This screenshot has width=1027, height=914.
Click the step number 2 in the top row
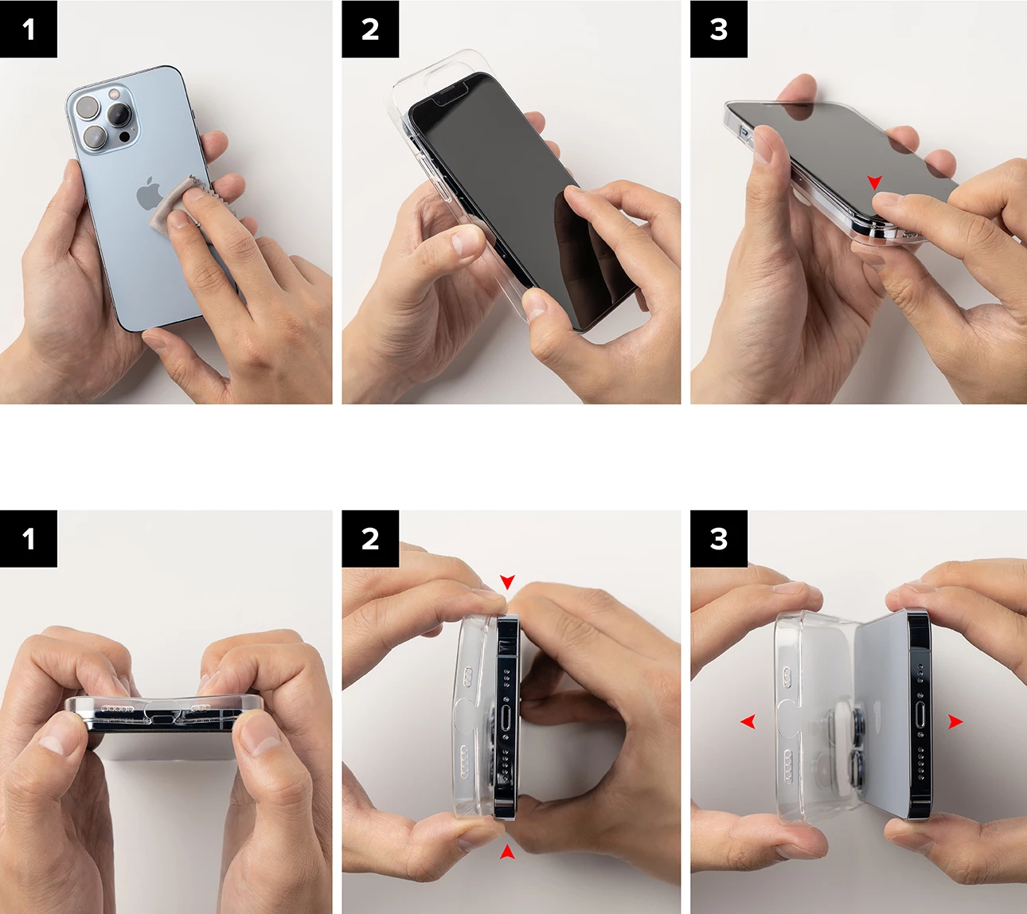[x=370, y=29]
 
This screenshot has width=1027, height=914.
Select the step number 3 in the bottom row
[x=719, y=539]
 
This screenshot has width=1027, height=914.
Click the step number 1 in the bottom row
[x=29, y=539]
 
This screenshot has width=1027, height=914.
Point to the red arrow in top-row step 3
[x=874, y=183]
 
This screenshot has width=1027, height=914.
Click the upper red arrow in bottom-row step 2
[x=507, y=582]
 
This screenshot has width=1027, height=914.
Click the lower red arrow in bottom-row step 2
[x=507, y=852]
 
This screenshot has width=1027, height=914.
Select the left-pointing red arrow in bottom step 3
[x=748, y=721]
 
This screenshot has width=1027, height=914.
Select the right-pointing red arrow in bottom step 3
[x=955, y=721]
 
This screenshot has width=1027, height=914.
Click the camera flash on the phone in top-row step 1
[x=113, y=94]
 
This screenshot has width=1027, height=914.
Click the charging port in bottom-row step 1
[x=163, y=718]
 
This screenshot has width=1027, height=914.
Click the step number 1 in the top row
[x=29, y=29]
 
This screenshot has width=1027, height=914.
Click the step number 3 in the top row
[x=719, y=29]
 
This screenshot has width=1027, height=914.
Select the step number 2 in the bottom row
[x=370, y=539]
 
